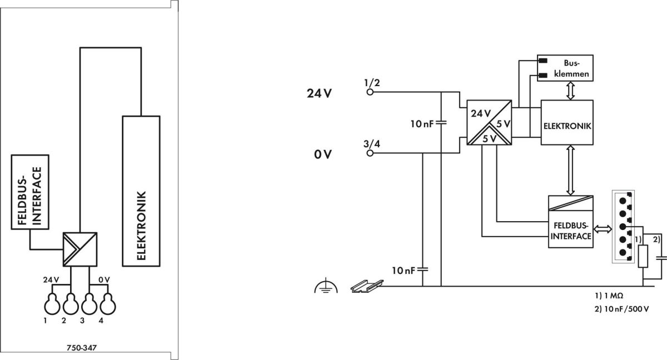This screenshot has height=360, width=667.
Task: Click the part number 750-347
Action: pos(82,348)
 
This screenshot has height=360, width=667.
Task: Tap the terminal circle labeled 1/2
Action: pos(370,92)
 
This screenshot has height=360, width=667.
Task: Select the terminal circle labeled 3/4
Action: pos(370,153)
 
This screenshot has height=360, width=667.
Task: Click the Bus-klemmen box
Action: pos(565,68)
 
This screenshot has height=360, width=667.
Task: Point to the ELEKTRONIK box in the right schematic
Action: pos(567,123)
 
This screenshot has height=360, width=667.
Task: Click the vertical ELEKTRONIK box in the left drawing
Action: pos(141,191)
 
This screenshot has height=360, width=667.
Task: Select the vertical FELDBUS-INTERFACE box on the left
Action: pos(30,192)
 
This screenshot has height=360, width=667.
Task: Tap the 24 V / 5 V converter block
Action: pos(489,123)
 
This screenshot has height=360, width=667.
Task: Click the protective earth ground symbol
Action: pos(326,286)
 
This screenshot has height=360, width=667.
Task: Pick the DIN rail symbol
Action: pos(367,286)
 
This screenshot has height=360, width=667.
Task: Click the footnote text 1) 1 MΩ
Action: pos(609,296)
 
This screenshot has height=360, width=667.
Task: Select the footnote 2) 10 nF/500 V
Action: pos(622,309)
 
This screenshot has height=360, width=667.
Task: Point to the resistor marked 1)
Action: pos(643,256)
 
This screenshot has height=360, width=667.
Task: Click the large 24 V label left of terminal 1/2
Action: pos(319,93)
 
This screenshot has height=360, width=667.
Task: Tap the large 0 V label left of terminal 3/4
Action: pos(323,154)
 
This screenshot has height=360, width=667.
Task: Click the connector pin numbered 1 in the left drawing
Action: pos(52,303)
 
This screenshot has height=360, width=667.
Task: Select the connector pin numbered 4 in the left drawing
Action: pos(107,303)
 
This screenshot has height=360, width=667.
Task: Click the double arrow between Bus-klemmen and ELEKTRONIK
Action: pos(570,91)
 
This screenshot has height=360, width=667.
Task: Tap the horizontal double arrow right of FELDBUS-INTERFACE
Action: pos(603,229)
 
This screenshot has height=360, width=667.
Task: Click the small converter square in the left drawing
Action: pos(80,249)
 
